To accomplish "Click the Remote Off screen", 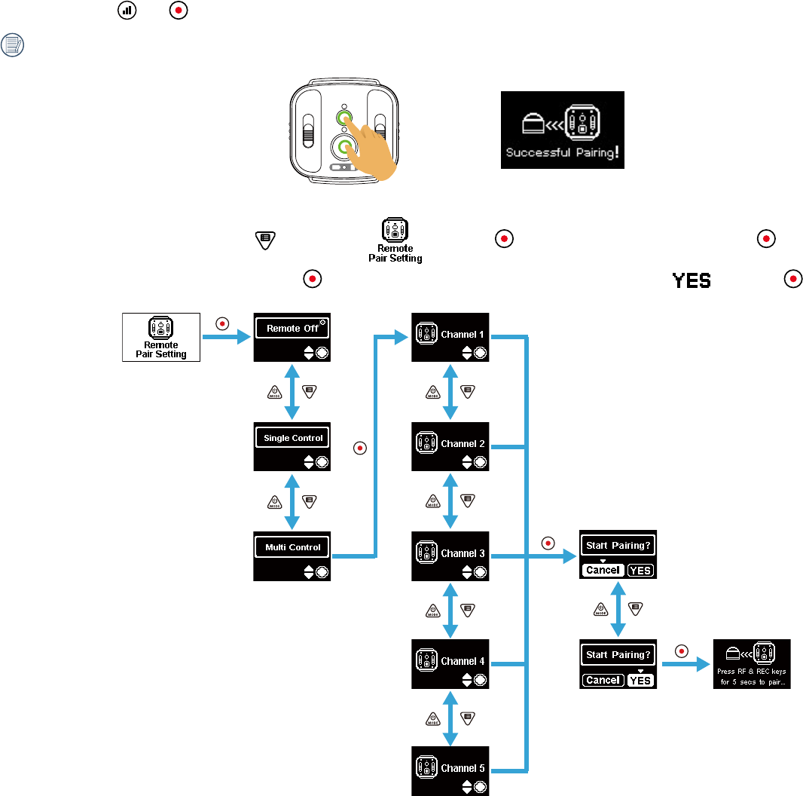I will coord(292,337).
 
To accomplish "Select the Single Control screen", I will coord(292,446).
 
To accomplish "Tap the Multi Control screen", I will coord(292,556).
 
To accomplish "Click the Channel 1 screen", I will coord(450,337).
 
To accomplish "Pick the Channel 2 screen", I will coord(450,446).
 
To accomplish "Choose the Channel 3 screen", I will coord(450,556).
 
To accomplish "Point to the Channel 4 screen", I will coord(450,663).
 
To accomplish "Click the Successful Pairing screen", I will coord(563,130).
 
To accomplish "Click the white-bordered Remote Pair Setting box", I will coord(161,337).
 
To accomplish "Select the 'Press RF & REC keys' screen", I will coord(752,663).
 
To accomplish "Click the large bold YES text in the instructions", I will coord(692,280).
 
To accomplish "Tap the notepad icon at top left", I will coord(14,45).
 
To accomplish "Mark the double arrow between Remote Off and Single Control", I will coord(292,392).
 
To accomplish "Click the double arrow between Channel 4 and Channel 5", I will coord(450,717).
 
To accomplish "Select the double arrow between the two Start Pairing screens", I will coord(618,609).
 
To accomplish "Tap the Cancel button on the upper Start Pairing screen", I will coord(603,571).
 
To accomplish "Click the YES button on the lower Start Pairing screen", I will coord(640,681).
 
